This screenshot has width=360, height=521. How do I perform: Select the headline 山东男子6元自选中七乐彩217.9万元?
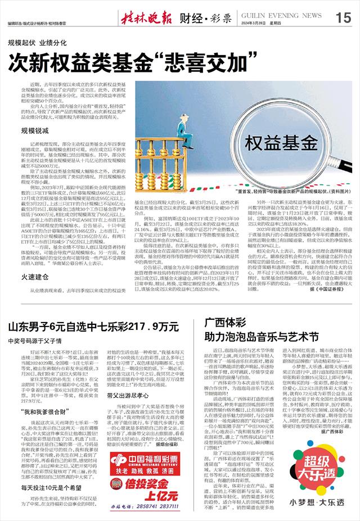[90, 325]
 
